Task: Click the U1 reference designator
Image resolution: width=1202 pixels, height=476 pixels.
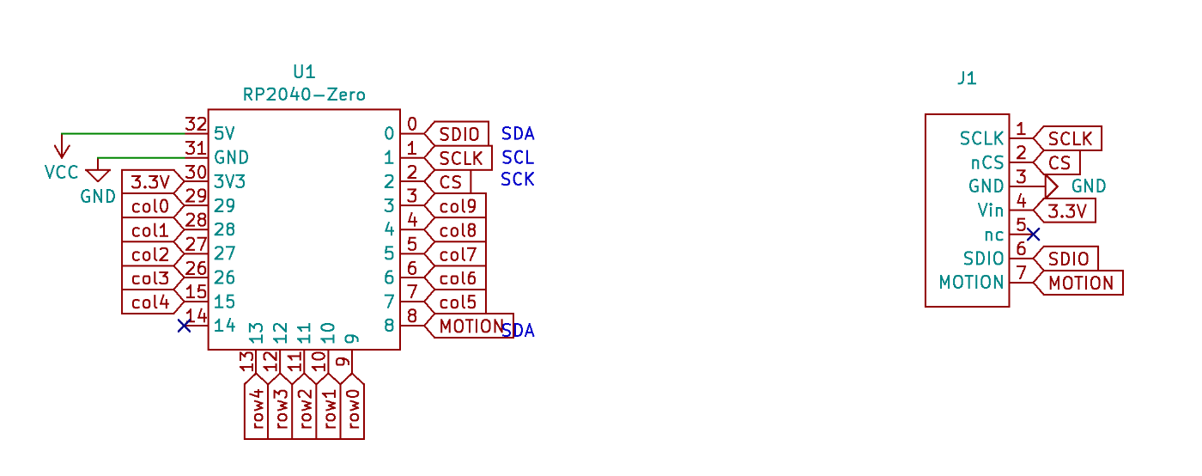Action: pyautogui.click(x=304, y=71)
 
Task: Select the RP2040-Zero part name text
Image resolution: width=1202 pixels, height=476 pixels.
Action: pyautogui.click(x=304, y=95)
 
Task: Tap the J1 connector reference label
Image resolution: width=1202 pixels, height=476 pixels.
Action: pyautogui.click(x=967, y=79)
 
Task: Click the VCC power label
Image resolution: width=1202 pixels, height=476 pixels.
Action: pyautogui.click(x=61, y=172)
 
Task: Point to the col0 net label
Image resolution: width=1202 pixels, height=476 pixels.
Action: pyautogui.click(x=150, y=206)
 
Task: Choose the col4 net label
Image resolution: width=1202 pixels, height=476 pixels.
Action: pyautogui.click(x=150, y=302)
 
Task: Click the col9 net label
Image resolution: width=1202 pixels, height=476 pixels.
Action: pyautogui.click(x=458, y=206)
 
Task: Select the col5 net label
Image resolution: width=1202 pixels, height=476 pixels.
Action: pyautogui.click(x=458, y=302)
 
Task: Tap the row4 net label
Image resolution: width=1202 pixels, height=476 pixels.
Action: pyautogui.click(x=256, y=411)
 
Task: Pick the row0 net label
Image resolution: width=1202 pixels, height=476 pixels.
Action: pyautogui.click(x=352, y=411)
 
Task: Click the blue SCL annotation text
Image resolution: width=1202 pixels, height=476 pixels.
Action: pyautogui.click(x=518, y=157)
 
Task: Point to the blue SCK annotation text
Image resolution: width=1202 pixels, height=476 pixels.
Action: pyautogui.click(x=518, y=180)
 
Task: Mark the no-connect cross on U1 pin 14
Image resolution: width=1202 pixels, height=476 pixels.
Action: pyautogui.click(x=184, y=326)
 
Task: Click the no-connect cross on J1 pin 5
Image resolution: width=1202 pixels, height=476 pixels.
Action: pyautogui.click(x=1034, y=234)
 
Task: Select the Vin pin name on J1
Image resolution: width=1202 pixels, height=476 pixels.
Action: pyautogui.click(x=990, y=210)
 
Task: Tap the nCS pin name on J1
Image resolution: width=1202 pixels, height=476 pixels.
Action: pyautogui.click(x=987, y=162)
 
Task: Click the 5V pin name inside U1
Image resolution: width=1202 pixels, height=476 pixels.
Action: pyautogui.click(x=224, y=134)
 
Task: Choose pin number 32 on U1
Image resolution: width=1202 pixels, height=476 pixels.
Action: pyautogui.click(x=196, y=125)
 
